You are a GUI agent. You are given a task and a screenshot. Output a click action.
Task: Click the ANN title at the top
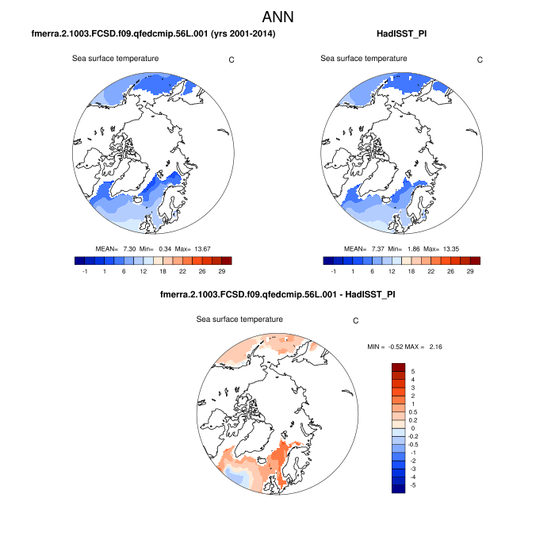[277, 16]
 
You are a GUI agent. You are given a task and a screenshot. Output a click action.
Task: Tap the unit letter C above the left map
[231, 59]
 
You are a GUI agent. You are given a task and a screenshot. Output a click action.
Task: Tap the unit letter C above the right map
[480, 59]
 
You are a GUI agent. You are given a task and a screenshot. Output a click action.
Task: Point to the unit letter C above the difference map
[356, 321]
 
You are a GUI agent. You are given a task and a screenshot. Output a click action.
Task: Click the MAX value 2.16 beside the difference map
[437, 346]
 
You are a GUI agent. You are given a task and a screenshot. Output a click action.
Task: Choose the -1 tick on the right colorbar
[334, 271]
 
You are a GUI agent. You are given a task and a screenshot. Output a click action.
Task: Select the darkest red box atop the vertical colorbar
[398, 367]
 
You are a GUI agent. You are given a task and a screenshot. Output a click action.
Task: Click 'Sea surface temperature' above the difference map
[239, 319]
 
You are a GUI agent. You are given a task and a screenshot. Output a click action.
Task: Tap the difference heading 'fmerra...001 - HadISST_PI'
[277, 295]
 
